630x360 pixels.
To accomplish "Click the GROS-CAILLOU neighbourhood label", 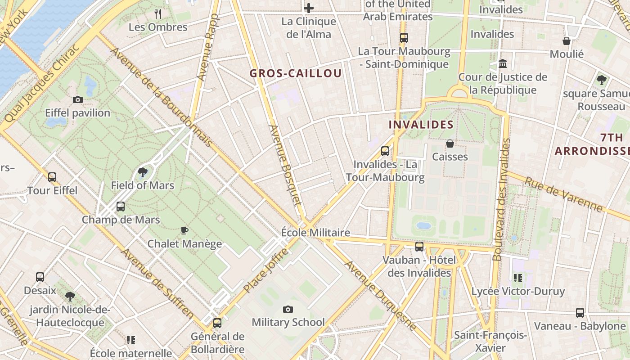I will pyautogui.click(x=296, y=73).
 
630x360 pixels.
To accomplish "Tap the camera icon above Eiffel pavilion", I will pyautogui.click(x=78, y=100).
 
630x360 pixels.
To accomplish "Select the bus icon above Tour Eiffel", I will pyautogui.click(x=52, y=177).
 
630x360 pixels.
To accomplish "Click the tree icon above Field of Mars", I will pyautogui.click(x=143, y=172).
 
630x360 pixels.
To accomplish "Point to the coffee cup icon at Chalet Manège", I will pyautogui.click(x=184, y=231).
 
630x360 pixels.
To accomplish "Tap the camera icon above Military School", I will pyautogui.click(x=288, y=309).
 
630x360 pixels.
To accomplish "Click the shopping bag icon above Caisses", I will pyautogui.click(x=450, y=144).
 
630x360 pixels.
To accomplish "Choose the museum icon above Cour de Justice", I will pyautogui.click(x=503, y=64).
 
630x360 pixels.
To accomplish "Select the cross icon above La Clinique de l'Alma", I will pyautogui.click(x=309, y=8).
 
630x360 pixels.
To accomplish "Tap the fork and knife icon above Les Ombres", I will pyautogui.click(x=158, y=14).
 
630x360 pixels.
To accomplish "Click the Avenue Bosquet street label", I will pyautogui.click(x=285, y=165).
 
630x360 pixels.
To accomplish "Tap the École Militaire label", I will pyautogui.click(x=315, y=233).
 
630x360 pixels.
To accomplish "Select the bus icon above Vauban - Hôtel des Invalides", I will pyautogui.click(x=419, y=247).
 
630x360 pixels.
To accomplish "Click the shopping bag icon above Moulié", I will pyautogui.click(x=567, y=41).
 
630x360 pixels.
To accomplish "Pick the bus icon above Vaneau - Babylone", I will pyautogui.click(x=580, y=313).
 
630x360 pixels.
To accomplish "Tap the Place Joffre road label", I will pyautogui.click(x=265, y=270).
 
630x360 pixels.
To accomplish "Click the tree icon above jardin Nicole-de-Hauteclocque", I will pyautogui.click(x=70, y=297).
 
